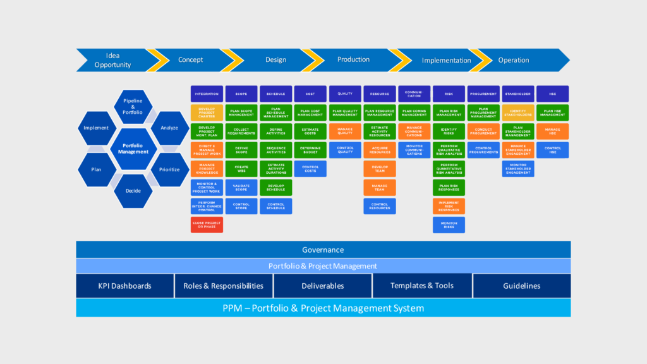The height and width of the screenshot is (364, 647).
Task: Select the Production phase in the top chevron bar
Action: [353, 60]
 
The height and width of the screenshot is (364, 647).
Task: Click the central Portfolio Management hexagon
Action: [133, 149]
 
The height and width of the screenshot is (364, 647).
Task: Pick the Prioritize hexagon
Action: [169, 169]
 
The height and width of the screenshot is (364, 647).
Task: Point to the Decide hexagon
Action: [133, 190]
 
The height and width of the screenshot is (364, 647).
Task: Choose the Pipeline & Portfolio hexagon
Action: [133, 107]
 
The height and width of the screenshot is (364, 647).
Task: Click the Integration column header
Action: [207, 94]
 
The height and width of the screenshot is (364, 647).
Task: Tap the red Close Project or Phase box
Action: [207, 224]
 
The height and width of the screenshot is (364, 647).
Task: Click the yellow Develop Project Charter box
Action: [207, 112]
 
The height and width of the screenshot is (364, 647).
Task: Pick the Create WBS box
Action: [241, 169]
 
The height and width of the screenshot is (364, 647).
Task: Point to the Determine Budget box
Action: [310, 150]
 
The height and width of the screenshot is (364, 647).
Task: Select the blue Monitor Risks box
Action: [449, 224]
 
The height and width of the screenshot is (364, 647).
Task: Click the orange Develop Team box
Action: [380, 169]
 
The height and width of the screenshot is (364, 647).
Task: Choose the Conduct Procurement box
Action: [483, 131]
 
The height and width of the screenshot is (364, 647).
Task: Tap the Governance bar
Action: [323, 250]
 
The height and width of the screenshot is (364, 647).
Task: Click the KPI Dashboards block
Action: [124, 286]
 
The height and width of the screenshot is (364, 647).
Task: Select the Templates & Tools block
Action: [421, 286]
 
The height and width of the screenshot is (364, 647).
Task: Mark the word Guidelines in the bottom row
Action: [521, 286]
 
